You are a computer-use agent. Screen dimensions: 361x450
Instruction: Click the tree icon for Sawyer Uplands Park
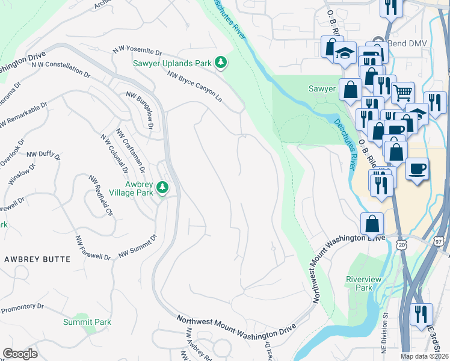pyautogui.click(x=221, y=61)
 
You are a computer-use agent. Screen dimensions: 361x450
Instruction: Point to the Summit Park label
pyautogui.click(x=87, y=322)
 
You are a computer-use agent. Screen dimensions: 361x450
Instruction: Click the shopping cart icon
pyautogui.click(x=403, y=93)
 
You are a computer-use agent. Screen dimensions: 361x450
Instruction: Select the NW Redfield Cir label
pyautogui.click(x=100, y=195)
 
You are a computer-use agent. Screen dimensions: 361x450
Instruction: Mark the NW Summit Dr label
pyautogui.click(x=137, y=247)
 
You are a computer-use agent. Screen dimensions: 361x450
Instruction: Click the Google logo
pyautogui.click(x=20, y=354)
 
